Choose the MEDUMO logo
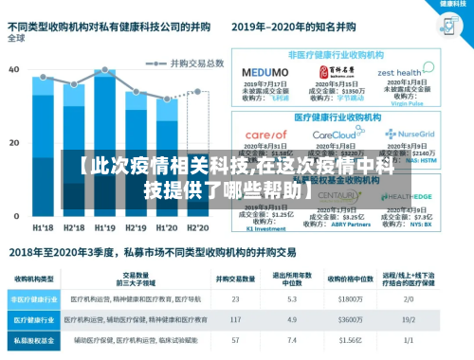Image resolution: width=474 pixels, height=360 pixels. point(259,71)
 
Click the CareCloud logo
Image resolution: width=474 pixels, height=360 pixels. point(331,135)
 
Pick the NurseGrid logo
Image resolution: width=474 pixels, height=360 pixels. point(404,135)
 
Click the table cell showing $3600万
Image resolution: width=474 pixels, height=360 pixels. point(351,319)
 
